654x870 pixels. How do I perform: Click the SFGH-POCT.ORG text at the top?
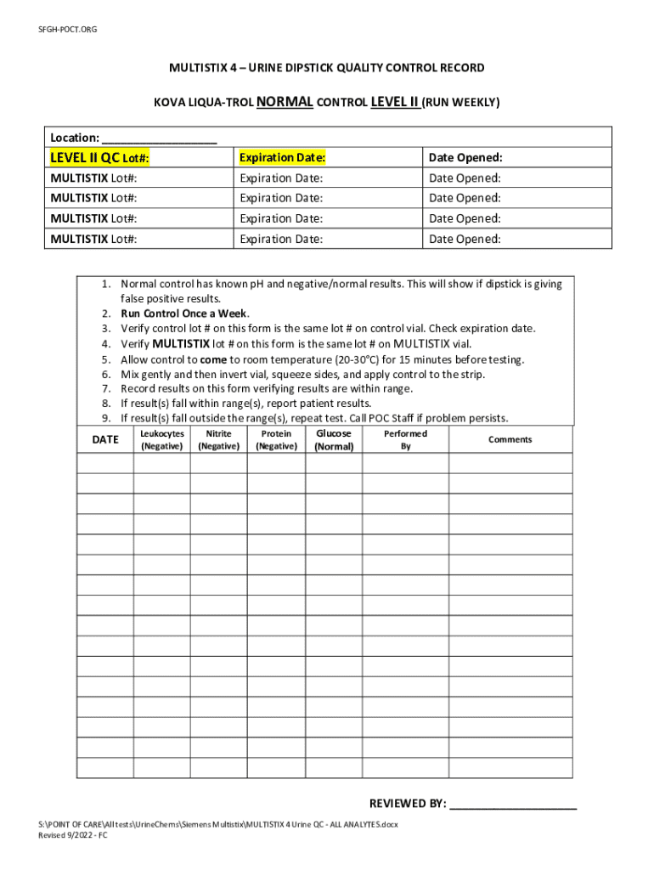67,30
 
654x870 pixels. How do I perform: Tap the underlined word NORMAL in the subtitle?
285,102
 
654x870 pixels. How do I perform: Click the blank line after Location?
160,138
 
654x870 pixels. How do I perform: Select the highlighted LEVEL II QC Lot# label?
100,157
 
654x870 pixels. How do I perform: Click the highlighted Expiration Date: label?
283,157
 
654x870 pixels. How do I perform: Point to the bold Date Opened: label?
465,157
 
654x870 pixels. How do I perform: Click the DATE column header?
105,439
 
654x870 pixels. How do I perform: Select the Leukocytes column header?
161,433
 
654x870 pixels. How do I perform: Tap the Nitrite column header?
218,433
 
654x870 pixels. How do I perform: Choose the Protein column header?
276,433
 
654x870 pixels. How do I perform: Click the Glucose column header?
334,433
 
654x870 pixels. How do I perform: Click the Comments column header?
510,439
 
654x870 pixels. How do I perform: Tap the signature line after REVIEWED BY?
513,804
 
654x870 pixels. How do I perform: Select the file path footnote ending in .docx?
218,824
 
